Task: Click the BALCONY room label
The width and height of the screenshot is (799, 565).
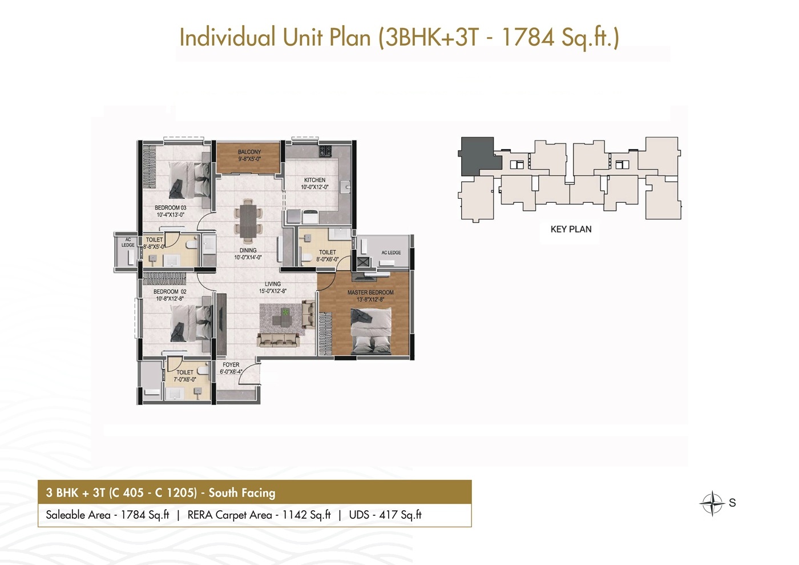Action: pyautogui.click(x=249, y=152)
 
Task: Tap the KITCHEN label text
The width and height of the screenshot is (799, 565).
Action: pyautogui.click(x=314, y=180)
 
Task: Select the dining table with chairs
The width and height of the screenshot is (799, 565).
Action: pyautogui.click(x=248, y=219)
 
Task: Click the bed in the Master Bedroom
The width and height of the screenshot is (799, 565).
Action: pyautogui.click(x=371, y=331)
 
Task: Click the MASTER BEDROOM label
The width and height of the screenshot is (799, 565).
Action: pyautogui.click(x=370, y=292)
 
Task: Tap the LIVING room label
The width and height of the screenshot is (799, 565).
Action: pyautogui.click(x=273, y=284)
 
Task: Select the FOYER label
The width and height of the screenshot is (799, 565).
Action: pyautogui.click(x=231, y=364)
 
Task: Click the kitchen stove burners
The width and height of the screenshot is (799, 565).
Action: pyautogui.click(x=325, y=150)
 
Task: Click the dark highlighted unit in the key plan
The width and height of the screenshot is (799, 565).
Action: pyautogui.click(x=479, y=157)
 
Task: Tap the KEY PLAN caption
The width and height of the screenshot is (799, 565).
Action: pyautogui.click(x=571, y=229)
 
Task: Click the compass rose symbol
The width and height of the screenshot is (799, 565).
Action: pyautogui.click(x=712, y=503)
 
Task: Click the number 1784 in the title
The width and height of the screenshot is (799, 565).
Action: pyautogui.click(x=528, y=37)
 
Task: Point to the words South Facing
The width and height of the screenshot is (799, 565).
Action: pyautogui.click(x=242, y=493)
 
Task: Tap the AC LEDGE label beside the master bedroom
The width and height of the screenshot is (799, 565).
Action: pyautogui.click(x=392, y=253)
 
